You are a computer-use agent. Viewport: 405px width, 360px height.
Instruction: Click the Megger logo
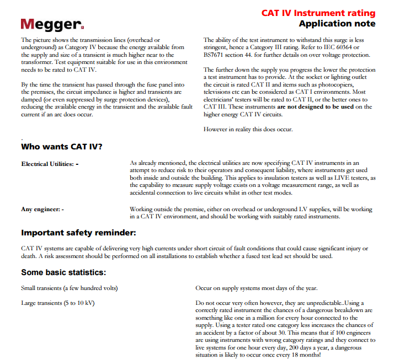point(52,24)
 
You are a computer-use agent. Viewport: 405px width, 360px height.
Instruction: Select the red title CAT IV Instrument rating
point(318,13)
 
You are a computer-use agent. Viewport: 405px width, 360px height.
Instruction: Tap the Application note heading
point(337,24)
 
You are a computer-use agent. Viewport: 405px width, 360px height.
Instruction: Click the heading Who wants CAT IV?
point(61,147)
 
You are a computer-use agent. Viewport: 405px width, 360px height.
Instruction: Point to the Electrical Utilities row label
point(50,164)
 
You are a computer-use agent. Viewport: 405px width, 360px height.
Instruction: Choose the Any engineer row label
point(42,209)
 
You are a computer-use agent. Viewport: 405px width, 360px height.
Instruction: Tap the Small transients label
point(70,288)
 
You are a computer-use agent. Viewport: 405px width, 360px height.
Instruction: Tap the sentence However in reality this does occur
point(248,130)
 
